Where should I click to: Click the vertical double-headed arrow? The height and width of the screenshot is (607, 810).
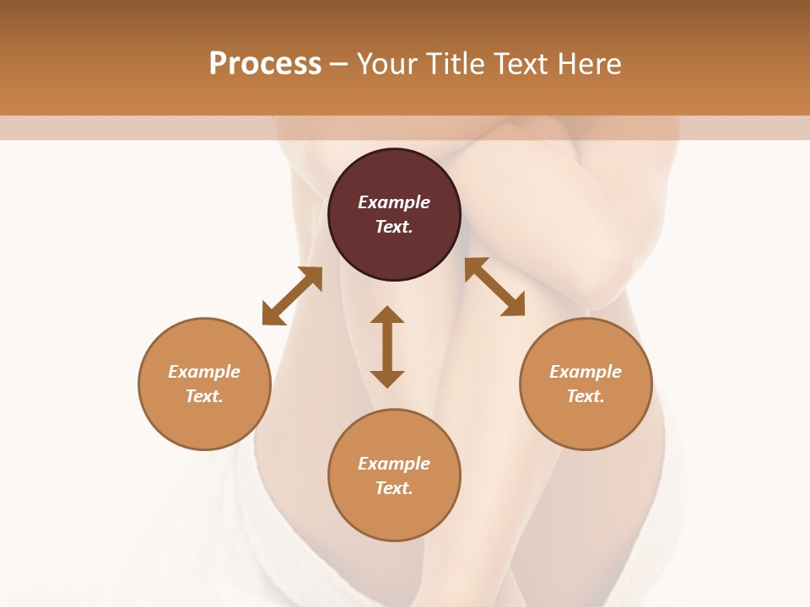point(387,346)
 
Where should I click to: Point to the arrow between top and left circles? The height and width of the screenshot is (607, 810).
point(292,295)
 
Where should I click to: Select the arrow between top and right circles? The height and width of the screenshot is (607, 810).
point(494,287)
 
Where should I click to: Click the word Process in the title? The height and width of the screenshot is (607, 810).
point(265,64)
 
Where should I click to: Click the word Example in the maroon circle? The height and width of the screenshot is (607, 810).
point(394,202)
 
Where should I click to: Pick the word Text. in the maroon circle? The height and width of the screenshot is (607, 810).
point(394,227)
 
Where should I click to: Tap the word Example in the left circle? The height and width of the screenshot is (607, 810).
point(204,372)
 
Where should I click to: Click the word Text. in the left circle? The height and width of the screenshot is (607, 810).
point(204,396)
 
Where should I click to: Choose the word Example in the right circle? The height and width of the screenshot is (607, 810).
point(586,372)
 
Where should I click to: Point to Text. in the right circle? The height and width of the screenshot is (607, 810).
point(586,396)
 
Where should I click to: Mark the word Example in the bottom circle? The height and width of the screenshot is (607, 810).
point(394,464)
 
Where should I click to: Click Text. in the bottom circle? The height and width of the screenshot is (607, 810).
point(394,488)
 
